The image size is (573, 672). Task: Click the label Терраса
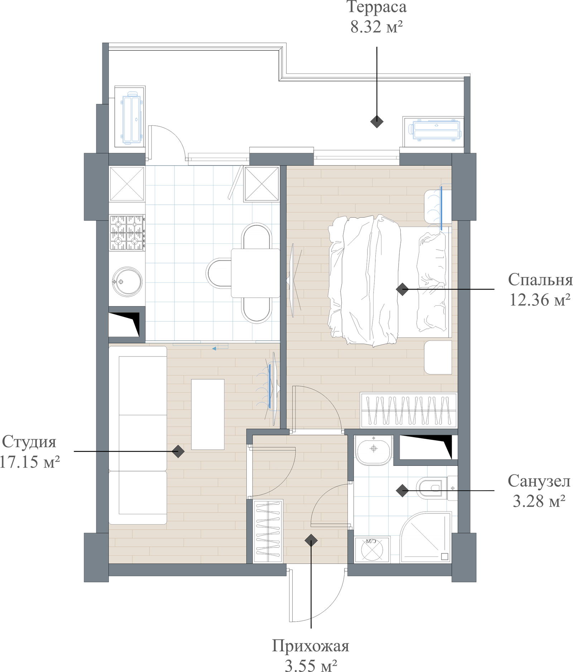[377, 7]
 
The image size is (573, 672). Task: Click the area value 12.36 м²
[540, 300]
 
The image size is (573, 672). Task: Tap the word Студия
[29, 442]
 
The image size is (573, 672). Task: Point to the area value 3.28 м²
[539, 501]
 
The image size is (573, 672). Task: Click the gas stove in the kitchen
[127, 233]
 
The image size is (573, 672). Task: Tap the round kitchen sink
[127, 281]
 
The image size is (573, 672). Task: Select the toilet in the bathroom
[437, 488]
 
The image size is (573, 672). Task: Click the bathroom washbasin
[374, 450]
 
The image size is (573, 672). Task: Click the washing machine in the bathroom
[372, 549]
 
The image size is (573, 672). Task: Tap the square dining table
[255, 273]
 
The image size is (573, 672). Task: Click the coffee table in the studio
[208, 414]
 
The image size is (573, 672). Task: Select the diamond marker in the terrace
[377, 121]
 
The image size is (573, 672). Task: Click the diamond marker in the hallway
[311, 541]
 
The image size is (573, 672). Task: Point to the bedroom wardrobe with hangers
[409, 410]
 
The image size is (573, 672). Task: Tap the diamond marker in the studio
[178, 451]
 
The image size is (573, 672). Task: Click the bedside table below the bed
[438, 358]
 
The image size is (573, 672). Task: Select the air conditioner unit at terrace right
[436, 130]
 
